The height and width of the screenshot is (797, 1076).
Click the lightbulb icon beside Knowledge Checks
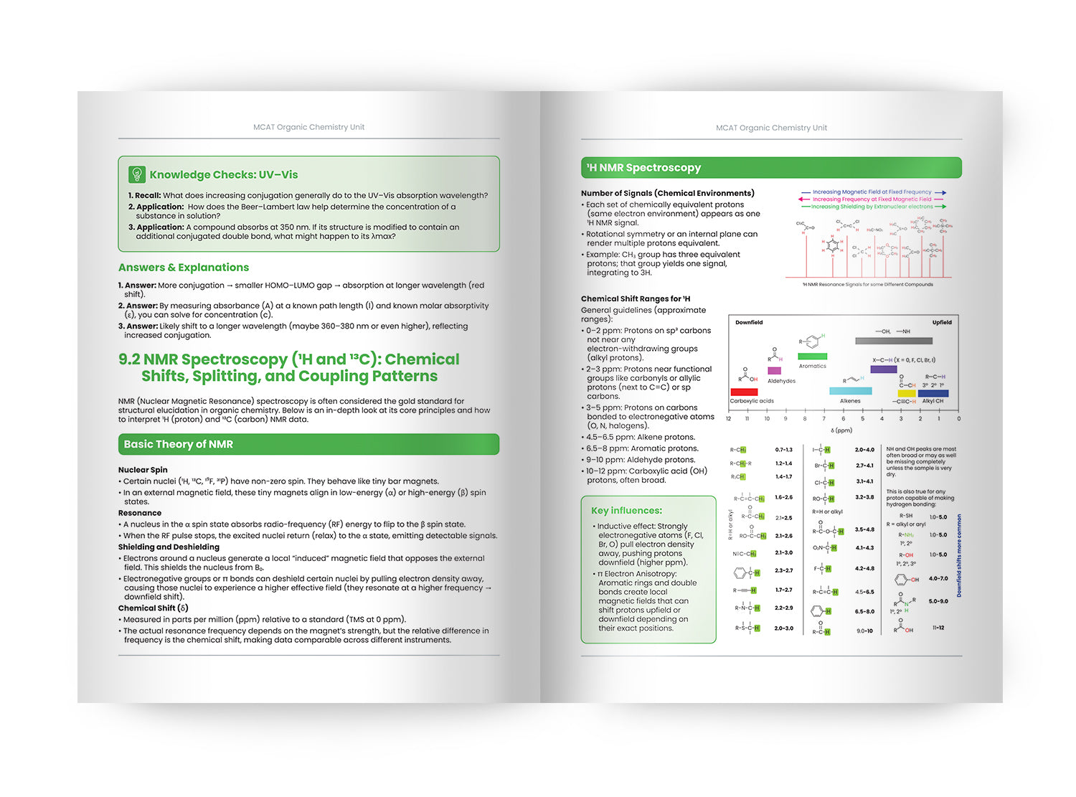[x=136, y=174]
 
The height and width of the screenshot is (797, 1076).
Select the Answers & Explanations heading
[x=184, y=268]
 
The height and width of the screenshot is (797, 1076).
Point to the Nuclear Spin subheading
[x=143, y=470]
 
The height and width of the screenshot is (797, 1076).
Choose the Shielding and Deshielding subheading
[x=169, y=547]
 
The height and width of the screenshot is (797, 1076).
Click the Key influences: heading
[x=626, y=511]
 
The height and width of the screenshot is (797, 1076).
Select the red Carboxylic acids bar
[x=744, y=392]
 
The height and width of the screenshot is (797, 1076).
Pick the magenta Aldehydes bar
[x=774, y=371]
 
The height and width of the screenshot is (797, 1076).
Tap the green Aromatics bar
[x=812, y=356]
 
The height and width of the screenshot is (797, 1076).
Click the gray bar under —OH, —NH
[x=894, y=341]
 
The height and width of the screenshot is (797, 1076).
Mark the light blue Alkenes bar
[x=850, y=391]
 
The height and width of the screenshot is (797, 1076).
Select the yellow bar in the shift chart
[x=907, y=393]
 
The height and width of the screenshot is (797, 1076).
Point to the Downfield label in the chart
[x=749, y=323]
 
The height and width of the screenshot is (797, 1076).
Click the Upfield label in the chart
[x=941, y=323]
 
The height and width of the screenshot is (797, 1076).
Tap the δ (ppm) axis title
[x=841, y=430]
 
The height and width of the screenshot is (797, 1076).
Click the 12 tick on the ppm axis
[x=729, y=418]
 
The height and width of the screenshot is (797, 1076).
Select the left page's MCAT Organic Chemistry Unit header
[x=308, y=127]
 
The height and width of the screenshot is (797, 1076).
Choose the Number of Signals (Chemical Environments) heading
[x=667, y=193]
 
